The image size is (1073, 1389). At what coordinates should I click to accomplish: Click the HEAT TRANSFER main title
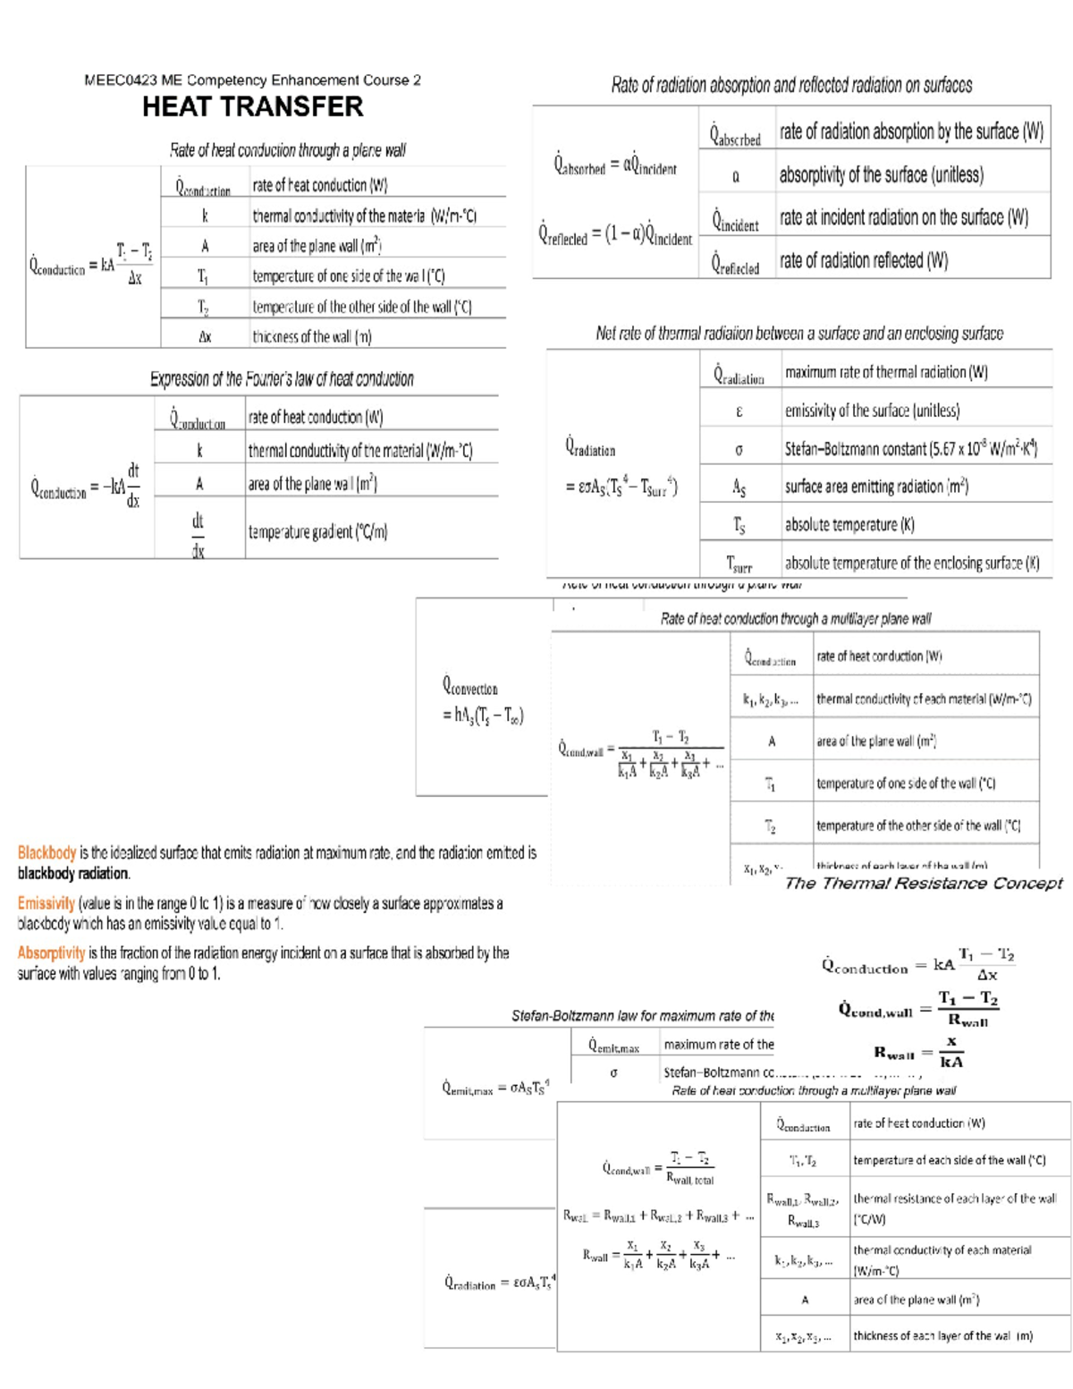[x=252, y=107]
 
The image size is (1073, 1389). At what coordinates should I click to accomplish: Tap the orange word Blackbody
[x=46, y=853]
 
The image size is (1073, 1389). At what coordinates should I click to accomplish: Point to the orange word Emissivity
[x=46, y=904]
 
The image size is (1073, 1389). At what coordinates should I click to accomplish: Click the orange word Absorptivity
[x=51, y=953]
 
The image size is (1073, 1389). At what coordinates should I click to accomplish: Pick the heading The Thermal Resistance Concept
[x=923, y=884]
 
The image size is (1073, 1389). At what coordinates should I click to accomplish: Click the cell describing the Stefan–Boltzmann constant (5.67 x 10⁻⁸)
[x=910, y=449]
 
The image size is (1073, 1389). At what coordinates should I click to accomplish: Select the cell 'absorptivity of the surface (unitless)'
[x=881, y=174]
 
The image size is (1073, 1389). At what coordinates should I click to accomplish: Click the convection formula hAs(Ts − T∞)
[x=483, y=715]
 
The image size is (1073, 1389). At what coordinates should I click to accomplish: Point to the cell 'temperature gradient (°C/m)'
[x=317, y=531]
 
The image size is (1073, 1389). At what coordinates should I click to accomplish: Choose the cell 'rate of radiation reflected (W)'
[x=863, y=260]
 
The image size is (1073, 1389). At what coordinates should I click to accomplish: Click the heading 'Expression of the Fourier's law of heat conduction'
[x=282, y=379]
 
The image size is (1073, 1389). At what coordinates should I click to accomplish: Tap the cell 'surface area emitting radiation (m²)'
[x=876, y=487]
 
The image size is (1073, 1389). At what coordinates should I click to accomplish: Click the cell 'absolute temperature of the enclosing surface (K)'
[x=911, y=563]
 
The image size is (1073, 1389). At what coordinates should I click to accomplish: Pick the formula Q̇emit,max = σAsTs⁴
[x=495, y=1088]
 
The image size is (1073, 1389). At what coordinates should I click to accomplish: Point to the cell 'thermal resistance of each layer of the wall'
[x=954, y=1207]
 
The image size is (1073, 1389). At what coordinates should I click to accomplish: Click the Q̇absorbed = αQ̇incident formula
[x=615, y=165]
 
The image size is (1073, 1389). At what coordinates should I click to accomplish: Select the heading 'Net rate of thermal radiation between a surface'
[x=799, y=334]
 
